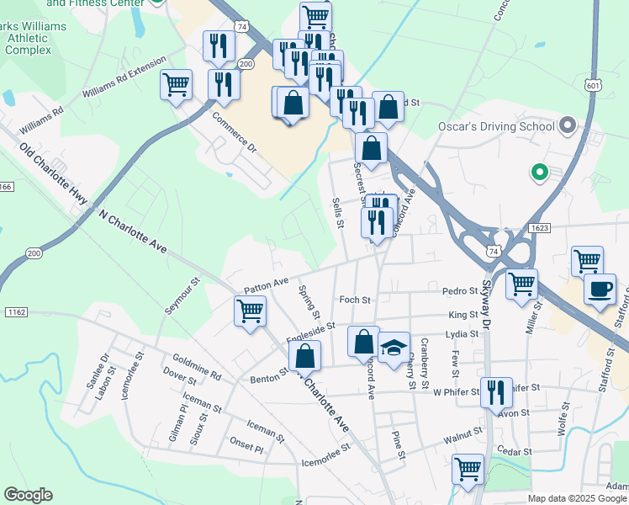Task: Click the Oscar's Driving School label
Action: [x=496, y=126]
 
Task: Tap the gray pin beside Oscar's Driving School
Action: [x=568, y=127]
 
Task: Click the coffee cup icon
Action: [x=600, y=290]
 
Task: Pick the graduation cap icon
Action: [x=393, y=348]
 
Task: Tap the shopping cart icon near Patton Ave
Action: [x=250, y=311]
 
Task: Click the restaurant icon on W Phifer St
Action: [x=496, y=391]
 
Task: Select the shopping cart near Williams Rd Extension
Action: [x=177, y=84]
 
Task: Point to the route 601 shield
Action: [x=594, y=85]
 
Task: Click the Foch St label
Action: [x=354, y=300]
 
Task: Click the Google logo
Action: [x=28, y=495]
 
